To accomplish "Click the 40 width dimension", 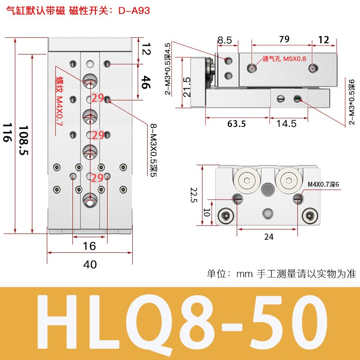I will (90, 264).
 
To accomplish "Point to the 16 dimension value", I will (90, 246).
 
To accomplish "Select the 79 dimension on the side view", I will (284, 39).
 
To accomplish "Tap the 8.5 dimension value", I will (225, 40).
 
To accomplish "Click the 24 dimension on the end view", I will (268, 236).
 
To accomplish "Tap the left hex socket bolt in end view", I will (225, 216).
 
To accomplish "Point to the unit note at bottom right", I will (281, 273).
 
